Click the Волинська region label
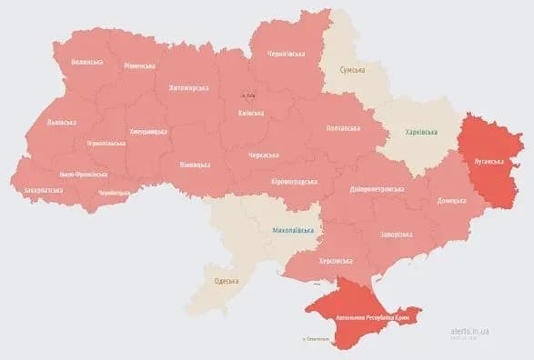(86, 63)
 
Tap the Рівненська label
(139, 66)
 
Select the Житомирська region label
(188, 88)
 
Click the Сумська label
(353, 70)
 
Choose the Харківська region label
(414, 133)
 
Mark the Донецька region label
(451, 200)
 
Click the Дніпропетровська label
(370, 189)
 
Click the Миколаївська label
(293, 231)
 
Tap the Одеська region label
(226, 281)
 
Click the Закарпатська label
(43, 190)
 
